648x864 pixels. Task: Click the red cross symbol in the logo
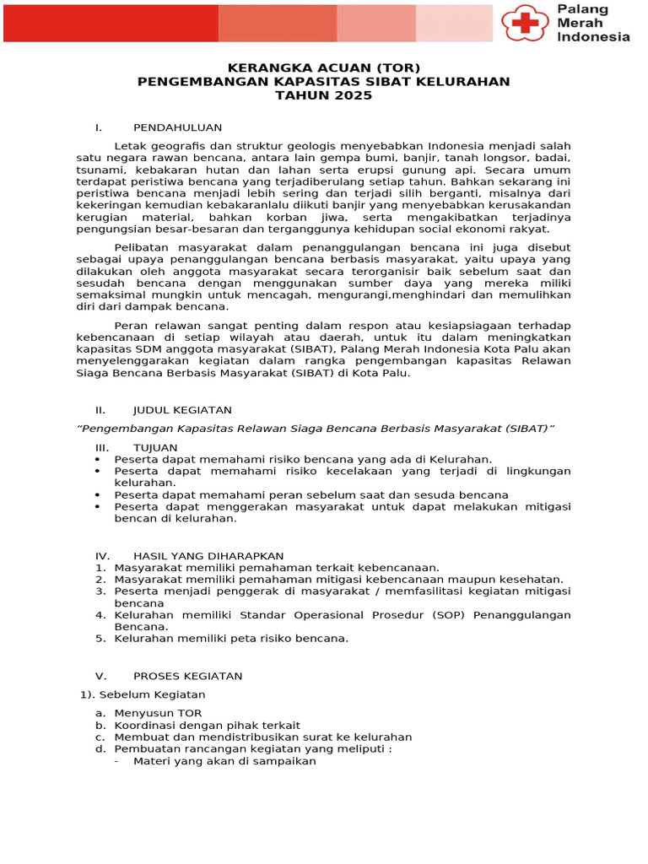click(526, 24)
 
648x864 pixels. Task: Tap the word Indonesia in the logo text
click(593, 37)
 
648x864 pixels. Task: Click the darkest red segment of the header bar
click(111, 23)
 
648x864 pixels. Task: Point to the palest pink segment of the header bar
click(454, 23)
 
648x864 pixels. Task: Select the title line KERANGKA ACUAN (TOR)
click(324, 67)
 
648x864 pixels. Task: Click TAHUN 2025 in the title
click(324, 95)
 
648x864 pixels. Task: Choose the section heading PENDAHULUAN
click(177, 127)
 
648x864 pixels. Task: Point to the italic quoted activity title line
click(316, 429)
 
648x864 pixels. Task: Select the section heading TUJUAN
click(155, 447)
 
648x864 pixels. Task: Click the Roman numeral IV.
click(102, 556)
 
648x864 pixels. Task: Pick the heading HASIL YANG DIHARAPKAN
click(208, 556)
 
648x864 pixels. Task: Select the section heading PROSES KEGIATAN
click(187, 676)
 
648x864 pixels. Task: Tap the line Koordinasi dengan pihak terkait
click(207, 725)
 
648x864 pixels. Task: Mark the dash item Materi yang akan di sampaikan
click(224, 760)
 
